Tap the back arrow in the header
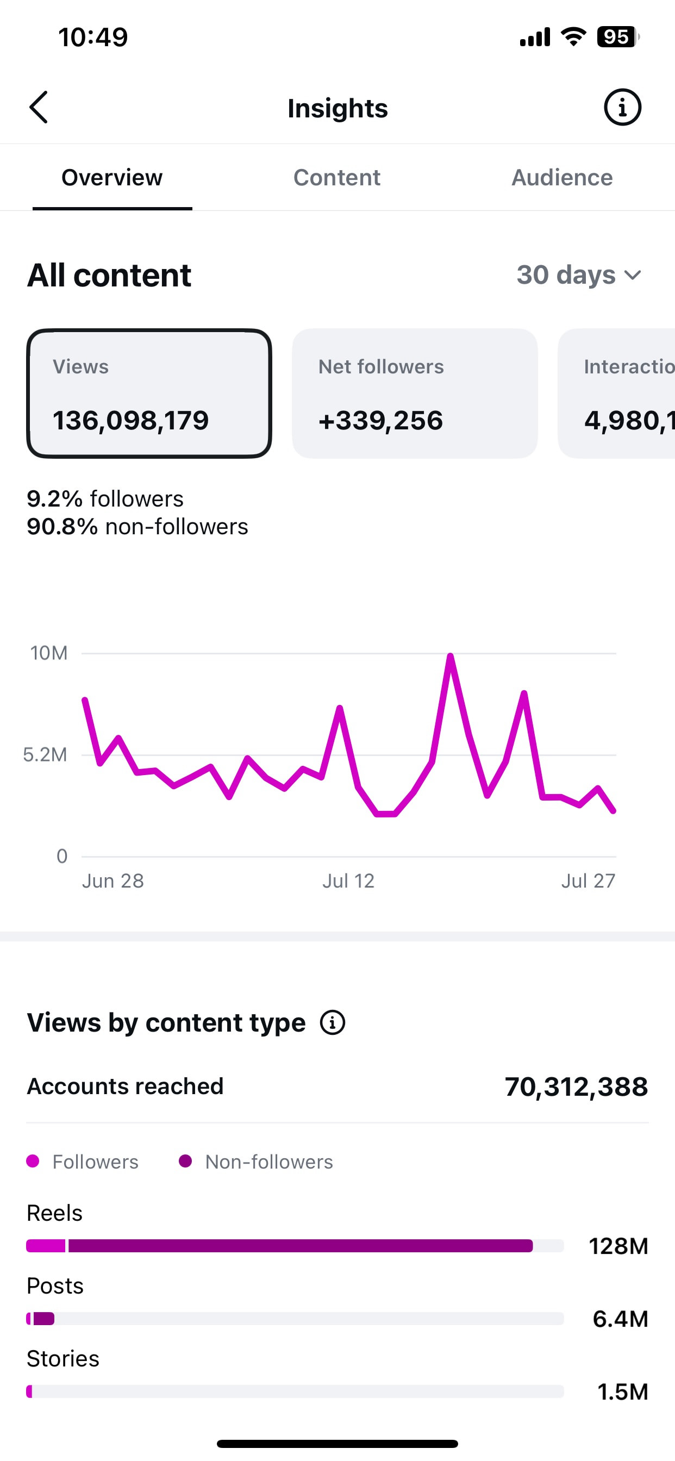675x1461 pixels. click(39, 107)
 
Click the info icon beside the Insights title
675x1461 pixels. click(622, 107)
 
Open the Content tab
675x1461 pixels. click(337, 178)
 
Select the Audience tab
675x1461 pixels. click(562, 178)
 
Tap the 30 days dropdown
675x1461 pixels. click(579, 275)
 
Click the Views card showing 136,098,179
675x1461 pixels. click(149, 393)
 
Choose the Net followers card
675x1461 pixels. click(415, 393)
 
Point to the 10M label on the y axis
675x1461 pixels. click(49, 653)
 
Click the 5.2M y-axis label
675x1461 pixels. click(45, 755)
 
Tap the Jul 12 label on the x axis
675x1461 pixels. click(348, 881)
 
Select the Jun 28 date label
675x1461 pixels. click(113, 881)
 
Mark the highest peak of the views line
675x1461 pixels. click(451, 656)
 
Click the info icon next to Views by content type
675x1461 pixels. click(333, 1022)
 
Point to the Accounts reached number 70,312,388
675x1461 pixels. click(576, 1087)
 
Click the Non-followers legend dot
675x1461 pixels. click(185, 1161)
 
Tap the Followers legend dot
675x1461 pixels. click(33, 1161)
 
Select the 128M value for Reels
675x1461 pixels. click(618, 1246)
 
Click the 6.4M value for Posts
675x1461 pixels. click(621, 1319)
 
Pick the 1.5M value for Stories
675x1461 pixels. click(623, 1392)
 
